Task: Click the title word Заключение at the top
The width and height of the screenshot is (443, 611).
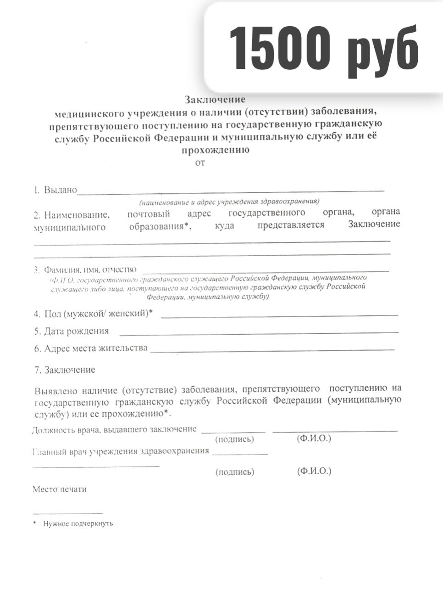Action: (x=215, y=100)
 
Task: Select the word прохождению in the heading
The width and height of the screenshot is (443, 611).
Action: (x=216, y=150)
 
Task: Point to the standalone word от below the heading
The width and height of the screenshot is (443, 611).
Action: (x=200, y=163)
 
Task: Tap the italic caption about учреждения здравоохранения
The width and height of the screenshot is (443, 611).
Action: (x=230, y=202)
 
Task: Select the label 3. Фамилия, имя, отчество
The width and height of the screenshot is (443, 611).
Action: (x=85, y=269)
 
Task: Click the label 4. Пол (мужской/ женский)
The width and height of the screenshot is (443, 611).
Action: (x=93, y=314)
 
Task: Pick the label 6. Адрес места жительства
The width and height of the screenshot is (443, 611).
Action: (x=91, y=348)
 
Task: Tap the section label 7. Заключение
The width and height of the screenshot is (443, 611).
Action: (x=65, y=370)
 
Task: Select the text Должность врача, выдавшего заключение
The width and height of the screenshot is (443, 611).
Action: (x=114, y=430)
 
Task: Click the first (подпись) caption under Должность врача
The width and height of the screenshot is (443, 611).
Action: (x=234, y=439)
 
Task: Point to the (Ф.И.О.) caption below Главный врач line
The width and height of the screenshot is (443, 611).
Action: (x=314, y=471)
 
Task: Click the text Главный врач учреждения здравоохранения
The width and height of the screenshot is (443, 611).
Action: (x=121, y=451)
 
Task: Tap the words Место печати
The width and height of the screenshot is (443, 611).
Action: (x=60, y=489)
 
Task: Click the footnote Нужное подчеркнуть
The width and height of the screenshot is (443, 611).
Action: (x=78, y=523)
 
